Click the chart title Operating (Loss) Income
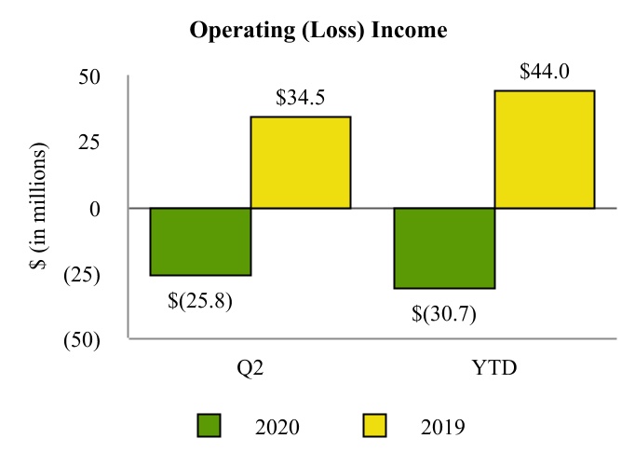(x=318, y=31)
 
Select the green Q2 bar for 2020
(x=200, y=241)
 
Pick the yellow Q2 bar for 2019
(x=300, y=162)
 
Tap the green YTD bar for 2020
(x=444, y=248)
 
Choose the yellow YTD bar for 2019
(x=544, y=149)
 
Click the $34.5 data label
(x=300, y=97)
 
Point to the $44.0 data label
(x=544, y=71)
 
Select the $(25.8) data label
(x=200, y=300)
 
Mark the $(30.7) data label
(x=444, y=313)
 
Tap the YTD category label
(x=493, y=368)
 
